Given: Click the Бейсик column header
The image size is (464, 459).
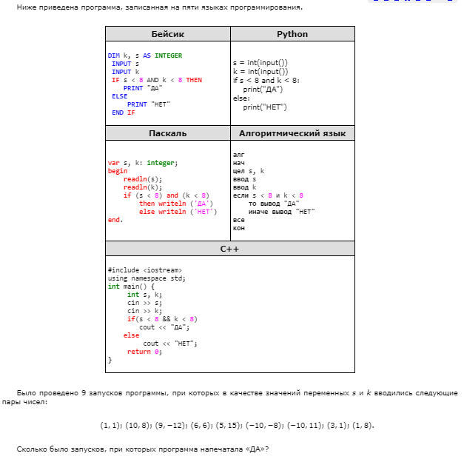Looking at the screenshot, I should (167, 34).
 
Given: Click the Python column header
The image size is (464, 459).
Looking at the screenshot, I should (292, 34).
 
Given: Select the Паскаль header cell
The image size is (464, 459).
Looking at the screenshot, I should (167, 133).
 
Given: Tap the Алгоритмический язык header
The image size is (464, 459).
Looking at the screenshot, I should (292, 133).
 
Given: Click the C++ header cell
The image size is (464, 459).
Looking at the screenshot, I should (229, 249).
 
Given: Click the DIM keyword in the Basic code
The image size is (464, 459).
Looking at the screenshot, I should (113, 56).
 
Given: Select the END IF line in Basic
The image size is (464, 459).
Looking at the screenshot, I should (123, 113).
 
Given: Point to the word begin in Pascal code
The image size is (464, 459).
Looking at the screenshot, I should (118, 170).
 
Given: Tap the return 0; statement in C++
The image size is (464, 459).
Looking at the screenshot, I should (144, 352).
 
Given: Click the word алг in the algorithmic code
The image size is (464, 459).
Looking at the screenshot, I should (238, 155).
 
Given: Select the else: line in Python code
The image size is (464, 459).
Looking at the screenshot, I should (241, 98).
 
